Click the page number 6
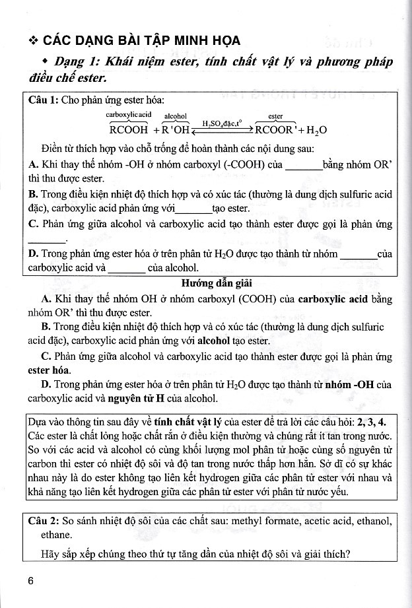30,581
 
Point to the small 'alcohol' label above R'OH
176,116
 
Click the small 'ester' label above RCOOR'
276,116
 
